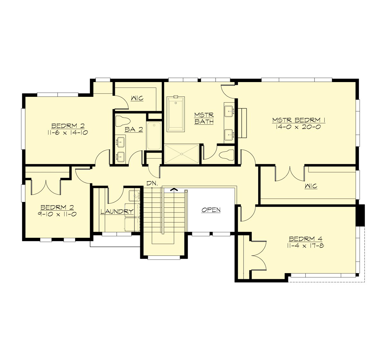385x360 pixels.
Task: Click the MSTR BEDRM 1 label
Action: coord(299,120)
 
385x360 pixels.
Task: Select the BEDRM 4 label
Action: coord(305,239)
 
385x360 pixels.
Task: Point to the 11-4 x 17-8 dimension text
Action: coord(305,246)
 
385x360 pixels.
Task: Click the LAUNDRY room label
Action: coord(117,212)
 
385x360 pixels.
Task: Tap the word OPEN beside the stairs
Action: coord(211,210)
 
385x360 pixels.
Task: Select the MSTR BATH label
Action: coord(204,118)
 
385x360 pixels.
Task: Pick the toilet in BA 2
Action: coord(122,121)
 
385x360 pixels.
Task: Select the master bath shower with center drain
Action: coord(182,154)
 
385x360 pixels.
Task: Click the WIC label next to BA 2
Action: coord(137,98)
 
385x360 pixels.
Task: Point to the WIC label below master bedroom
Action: coord(311,186)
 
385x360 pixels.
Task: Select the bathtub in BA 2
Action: coord(154,136)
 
